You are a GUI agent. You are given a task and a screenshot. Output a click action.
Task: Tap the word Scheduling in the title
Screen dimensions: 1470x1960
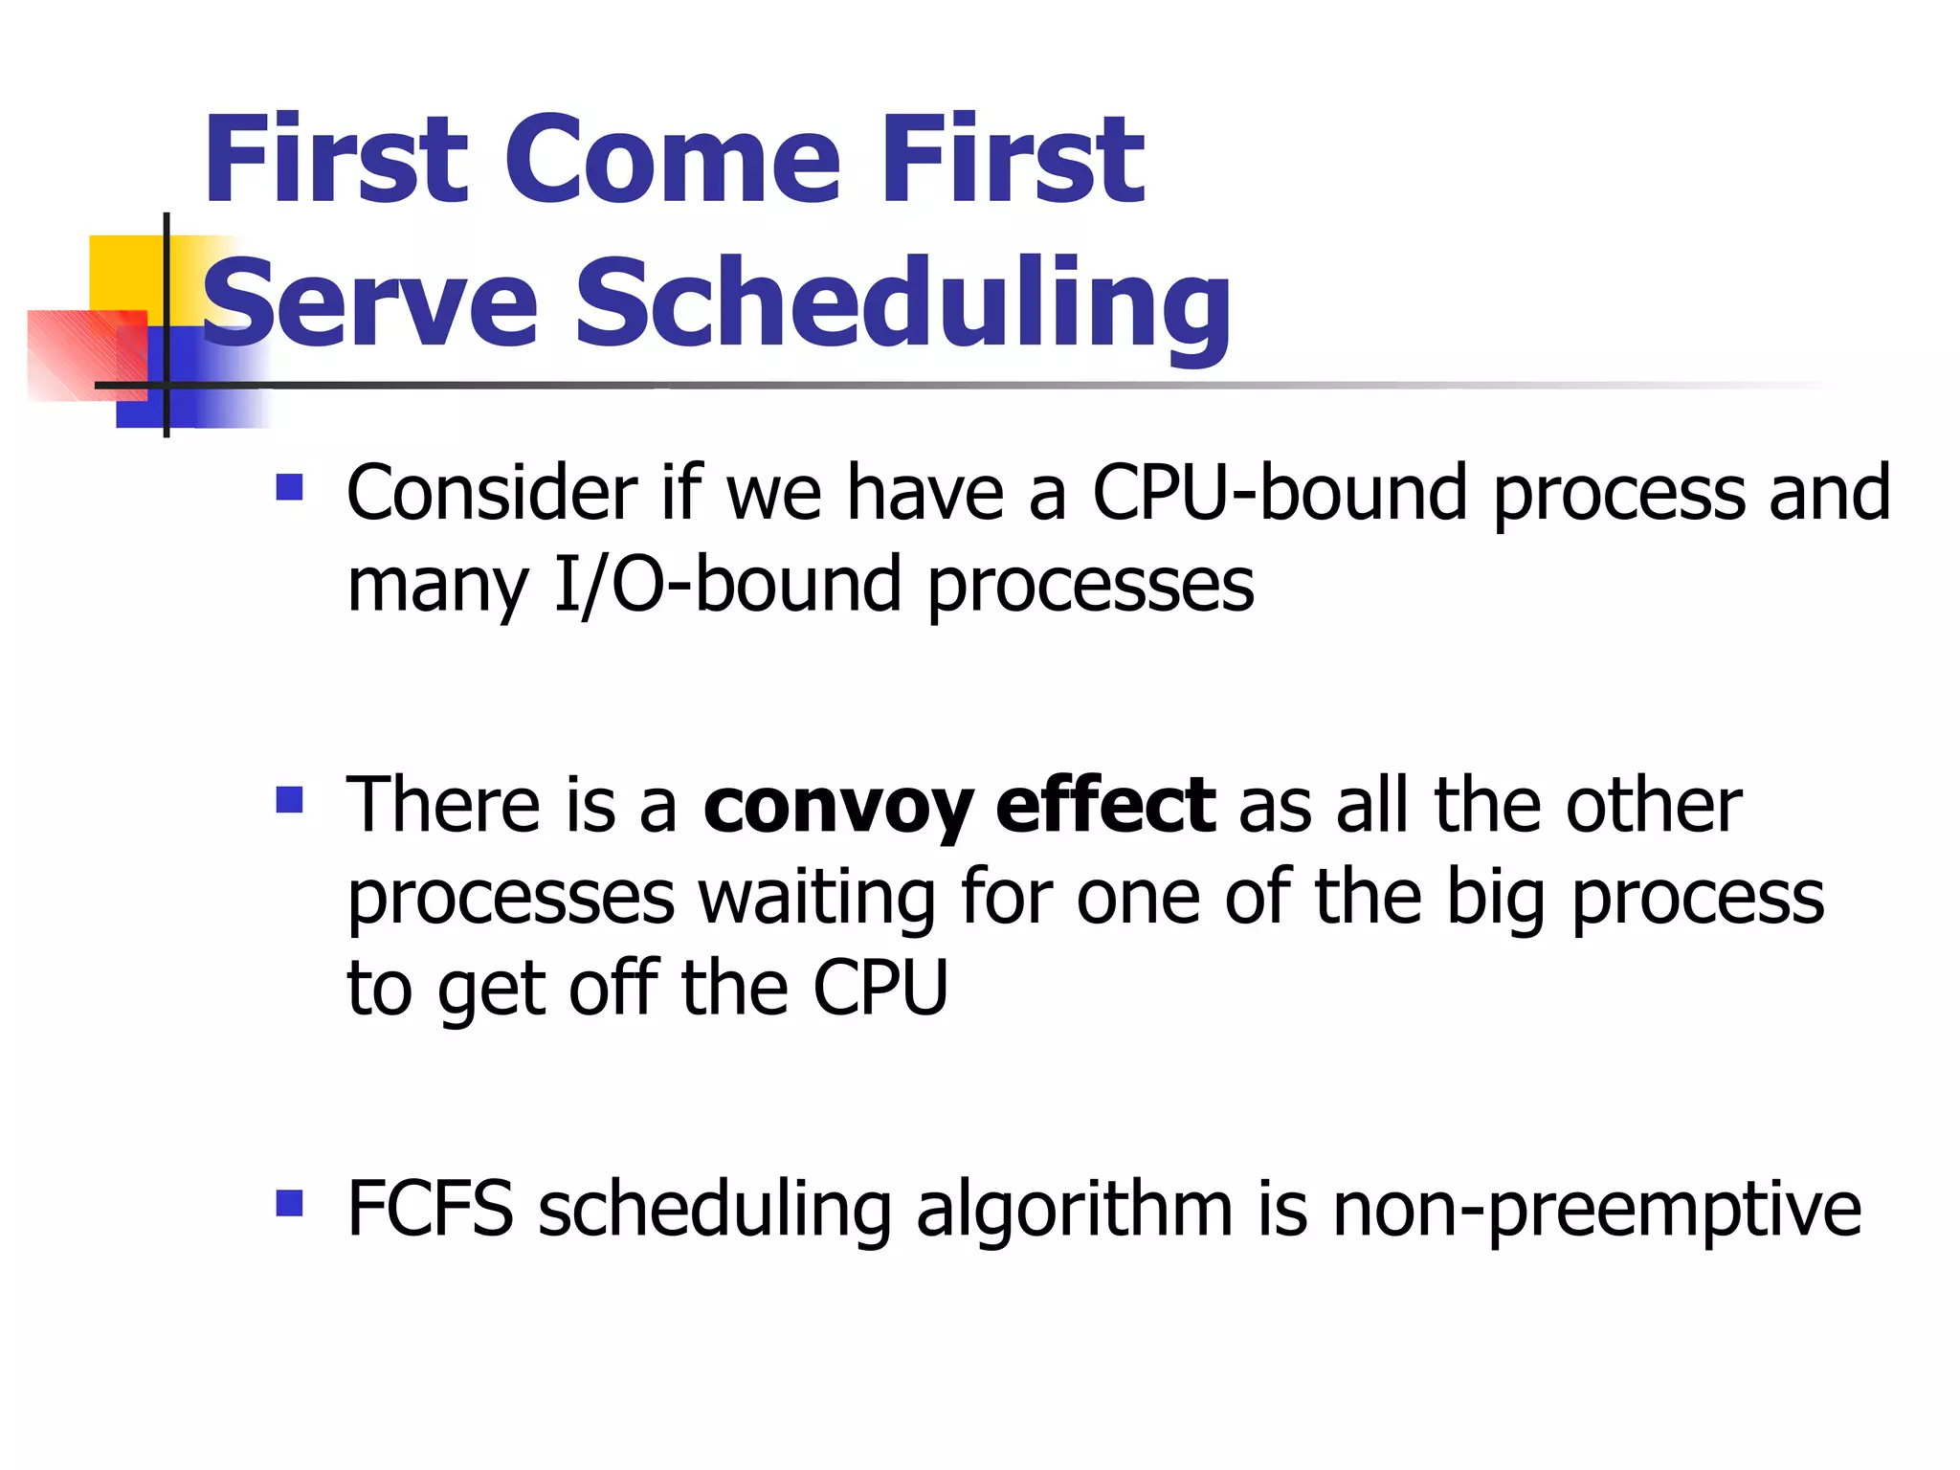pos(902,304)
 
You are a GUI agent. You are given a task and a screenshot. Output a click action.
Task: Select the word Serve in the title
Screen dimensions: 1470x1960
pos(370,304)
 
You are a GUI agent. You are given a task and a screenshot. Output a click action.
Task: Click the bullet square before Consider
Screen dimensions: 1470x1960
pos(289,488)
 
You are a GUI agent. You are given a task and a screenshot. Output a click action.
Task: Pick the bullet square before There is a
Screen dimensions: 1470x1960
pos(289,799)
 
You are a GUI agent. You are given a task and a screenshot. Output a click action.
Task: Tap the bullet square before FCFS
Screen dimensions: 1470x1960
pos(289,1203)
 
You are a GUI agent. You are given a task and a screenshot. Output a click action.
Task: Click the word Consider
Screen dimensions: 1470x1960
pos(492,493)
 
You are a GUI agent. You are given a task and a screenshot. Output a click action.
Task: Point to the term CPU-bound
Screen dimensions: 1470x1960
pos(1280,493)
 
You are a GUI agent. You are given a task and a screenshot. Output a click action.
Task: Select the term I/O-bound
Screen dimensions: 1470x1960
pos(728,584)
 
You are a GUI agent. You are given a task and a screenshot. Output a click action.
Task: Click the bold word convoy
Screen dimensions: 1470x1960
pos(838,806)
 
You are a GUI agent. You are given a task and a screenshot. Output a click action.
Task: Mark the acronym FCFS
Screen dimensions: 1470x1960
pos(430,1209)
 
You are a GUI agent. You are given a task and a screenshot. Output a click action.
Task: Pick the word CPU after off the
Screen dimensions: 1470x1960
pos(880,988)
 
